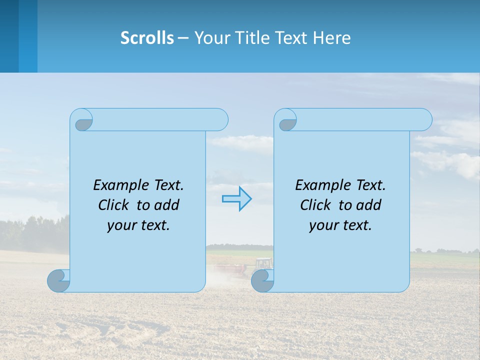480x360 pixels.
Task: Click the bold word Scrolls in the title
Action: pos(147,38)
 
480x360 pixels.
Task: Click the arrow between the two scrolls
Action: pos(236,199)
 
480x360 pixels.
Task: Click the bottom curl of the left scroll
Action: pos(59,280)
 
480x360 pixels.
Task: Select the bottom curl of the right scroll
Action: pos(262,280)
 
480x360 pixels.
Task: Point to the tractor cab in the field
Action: pos(263,263)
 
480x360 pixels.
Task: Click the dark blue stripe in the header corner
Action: pos(9,36)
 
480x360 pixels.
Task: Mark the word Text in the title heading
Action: pos(291,38)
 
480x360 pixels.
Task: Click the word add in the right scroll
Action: pos(368,205)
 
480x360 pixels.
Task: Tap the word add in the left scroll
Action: pos(166,205)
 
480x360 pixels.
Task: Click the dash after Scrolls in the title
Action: pos(183,38)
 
